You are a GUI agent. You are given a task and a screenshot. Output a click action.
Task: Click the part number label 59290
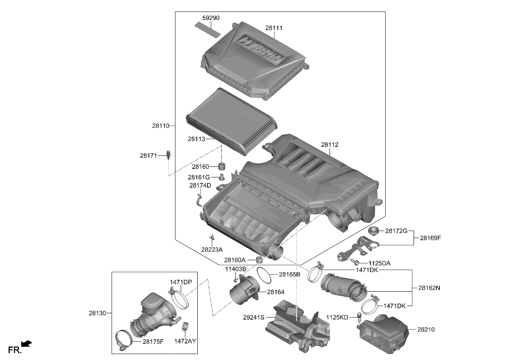click(x=211, y=18)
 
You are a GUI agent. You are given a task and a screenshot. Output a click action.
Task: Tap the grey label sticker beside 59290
click(x=208, y=29)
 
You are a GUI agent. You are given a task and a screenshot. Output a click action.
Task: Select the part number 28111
click(x=274, y=28)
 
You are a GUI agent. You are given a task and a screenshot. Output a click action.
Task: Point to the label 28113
click(x=196, y=138)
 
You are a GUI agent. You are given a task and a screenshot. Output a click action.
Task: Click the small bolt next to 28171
click(x=168, y=155)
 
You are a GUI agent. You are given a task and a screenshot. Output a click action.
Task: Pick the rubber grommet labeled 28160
click(x=221, y=166)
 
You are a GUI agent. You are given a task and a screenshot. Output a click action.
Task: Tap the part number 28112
click(x=330, y=145)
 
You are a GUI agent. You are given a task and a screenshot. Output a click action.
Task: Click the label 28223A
click(x=212, y=250)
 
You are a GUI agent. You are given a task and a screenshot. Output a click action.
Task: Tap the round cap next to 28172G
click(x=373, y=231)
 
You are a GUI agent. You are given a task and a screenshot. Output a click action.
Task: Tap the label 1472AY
click(x=185, y=341)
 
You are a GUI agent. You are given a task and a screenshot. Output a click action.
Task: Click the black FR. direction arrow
click(x=27, y=343)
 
